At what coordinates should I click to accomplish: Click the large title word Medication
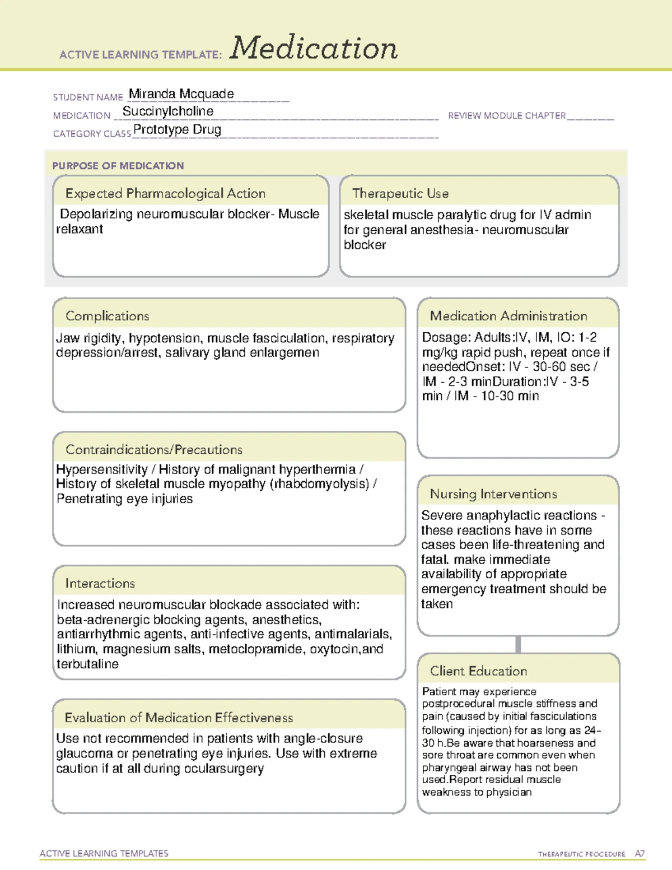click(x=314, y=48)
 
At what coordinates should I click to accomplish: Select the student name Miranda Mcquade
click(x=181, y=94)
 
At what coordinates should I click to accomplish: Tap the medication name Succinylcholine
click(x=168, y=111)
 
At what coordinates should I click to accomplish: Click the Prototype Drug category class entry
click(x=177, y=130)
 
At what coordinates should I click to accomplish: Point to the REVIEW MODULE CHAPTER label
click(x=507, y=115)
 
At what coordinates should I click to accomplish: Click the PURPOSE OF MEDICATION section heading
click(x=118, y=166)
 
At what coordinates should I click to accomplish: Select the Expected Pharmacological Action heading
click(x=165, y=193)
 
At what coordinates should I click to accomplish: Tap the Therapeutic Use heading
click(x=400, y=193)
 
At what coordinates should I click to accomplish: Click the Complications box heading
click(x=108, y=316)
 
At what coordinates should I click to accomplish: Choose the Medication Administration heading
click(x=508, y=316)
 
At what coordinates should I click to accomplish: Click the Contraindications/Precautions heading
click(x=154, y=449)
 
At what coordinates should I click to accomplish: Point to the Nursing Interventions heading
click(x=493, y=494)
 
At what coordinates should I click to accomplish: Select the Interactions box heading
click(x=100, y=583)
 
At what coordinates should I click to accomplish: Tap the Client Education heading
click(x=478, y=671)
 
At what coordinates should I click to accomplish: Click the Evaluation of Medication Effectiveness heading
click(x=179, y=718)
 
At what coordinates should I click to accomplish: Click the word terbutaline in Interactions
click(x=87, y=664)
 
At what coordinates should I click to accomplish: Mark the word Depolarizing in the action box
click(x=96, y=214)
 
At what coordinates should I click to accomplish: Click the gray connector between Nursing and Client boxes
click(x=518, y=644)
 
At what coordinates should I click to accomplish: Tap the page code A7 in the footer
click(x=640, y=854)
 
